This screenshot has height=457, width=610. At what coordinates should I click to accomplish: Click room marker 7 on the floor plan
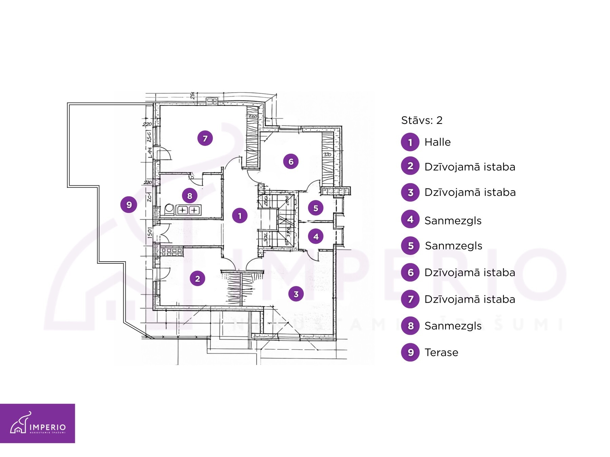click(x=205, y=138)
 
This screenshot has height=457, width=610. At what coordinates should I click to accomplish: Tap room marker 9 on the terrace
click(x=129, y=204)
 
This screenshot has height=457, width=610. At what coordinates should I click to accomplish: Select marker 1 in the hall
click(x=240, y=216)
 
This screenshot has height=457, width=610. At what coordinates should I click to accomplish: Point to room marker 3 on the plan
click(x=296, y=294)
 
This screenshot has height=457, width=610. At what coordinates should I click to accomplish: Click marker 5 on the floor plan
click(x=316, y=208)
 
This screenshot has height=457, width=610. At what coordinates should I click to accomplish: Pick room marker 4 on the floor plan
click(x=316, y=236)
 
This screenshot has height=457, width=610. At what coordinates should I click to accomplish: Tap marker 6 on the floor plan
click(x=291, y=161)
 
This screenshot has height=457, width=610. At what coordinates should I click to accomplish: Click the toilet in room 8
click(x=169, y=210)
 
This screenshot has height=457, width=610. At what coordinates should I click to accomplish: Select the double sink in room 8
click(x=188, y=210)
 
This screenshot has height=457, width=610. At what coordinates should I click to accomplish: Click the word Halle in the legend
click(x=438, y=142)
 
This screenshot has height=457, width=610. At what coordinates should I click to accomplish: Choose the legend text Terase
click(x=441, y=352)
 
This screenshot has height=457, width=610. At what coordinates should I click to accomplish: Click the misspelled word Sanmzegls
click(x=453, y=246)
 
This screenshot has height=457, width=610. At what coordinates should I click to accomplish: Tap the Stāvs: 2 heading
click(x=422, y=120)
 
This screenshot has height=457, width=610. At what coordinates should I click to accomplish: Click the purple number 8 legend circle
click(x=410, y=326)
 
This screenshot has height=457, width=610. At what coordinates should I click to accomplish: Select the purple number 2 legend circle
click(x=410, y=166)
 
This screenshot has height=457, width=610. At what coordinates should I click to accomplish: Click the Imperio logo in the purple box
click(x=37, y=423)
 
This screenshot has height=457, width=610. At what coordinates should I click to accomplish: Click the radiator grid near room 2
click(x=171, y=252)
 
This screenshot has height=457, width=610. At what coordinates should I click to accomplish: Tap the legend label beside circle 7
click(x=470, y=299)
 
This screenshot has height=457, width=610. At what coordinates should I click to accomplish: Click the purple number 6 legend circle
click(x=410, y=273)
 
